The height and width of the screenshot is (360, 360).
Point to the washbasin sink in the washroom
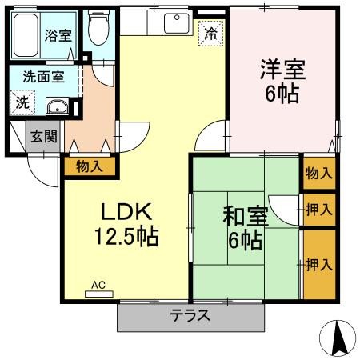coord(56,108)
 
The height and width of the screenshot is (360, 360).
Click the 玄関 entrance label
coord(43,136)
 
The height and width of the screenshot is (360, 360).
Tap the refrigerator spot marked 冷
coord(210,34)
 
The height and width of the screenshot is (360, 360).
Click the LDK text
coord(126,211)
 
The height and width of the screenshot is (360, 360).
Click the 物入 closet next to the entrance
coord(89,166)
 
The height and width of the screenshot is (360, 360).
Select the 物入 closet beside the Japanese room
coord(318,174)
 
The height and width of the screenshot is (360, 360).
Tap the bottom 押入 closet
coord(318,264)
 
